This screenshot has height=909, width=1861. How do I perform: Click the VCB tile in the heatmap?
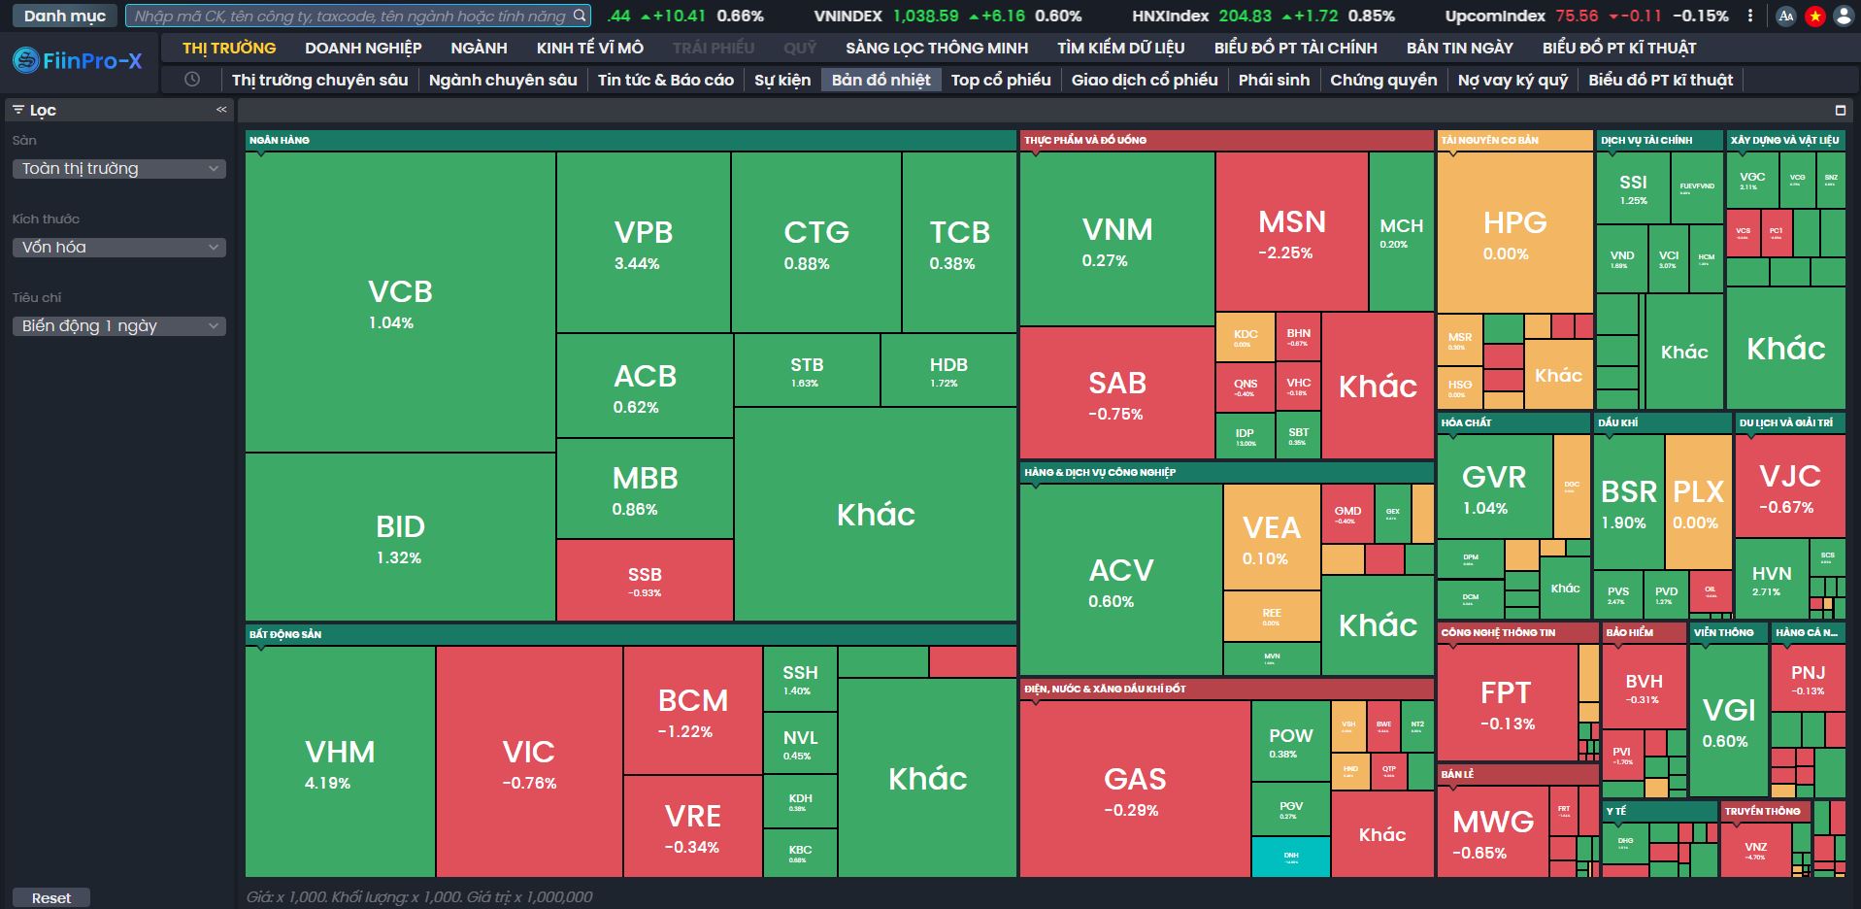click(x=400, y=302)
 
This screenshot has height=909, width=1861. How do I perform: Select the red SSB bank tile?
click(x=644, y=580)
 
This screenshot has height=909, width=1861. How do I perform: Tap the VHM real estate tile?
click(x=340, y=761)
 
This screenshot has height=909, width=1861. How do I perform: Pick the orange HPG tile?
click(x=1514, y=233)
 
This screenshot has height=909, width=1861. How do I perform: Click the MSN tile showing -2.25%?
click(x=1291, y=233)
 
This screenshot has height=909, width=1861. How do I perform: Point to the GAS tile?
click(x=1134, y=789)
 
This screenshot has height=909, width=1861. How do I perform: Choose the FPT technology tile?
click(x=1506, y=703)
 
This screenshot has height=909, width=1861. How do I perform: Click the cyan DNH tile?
click(x=1290, y=857)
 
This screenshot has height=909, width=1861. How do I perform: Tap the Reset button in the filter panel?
click(x=50, y=898)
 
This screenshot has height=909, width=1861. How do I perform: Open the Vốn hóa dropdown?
click(x=118, y=248)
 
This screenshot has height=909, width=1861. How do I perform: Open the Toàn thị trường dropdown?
click(x=118, y=169)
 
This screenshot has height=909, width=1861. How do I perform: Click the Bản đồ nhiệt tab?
click(x=881, y=80)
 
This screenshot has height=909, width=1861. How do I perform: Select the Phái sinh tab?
click(x=1274, y=80)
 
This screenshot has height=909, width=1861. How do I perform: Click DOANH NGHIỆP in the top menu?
click(x=363, y=48)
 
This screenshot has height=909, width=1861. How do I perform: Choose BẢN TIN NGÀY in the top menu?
click(x=1459, y=48)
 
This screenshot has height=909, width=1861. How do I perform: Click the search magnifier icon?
click(x=580, y=16)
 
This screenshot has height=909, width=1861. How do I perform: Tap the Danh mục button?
click(x=65, y=16)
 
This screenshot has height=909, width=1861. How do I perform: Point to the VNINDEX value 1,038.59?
click(x=925, y=16)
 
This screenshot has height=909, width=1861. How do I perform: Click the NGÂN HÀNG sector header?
click(x=280, y=140)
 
